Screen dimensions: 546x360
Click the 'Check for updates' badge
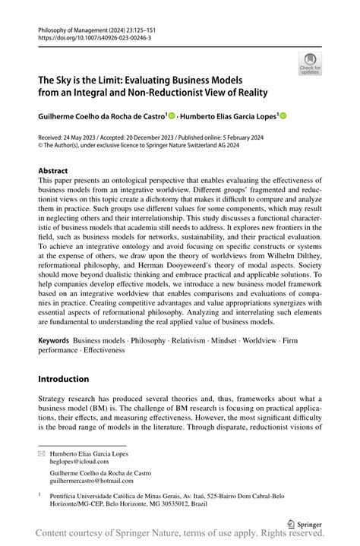coord(310,64)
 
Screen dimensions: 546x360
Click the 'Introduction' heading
coord(64,379)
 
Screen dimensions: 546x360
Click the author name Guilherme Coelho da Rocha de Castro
coord(101,116)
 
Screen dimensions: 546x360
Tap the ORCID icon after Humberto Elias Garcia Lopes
coord(284,116)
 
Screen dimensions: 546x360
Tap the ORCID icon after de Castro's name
coord(172,116)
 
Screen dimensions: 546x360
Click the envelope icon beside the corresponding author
coord(43,453)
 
